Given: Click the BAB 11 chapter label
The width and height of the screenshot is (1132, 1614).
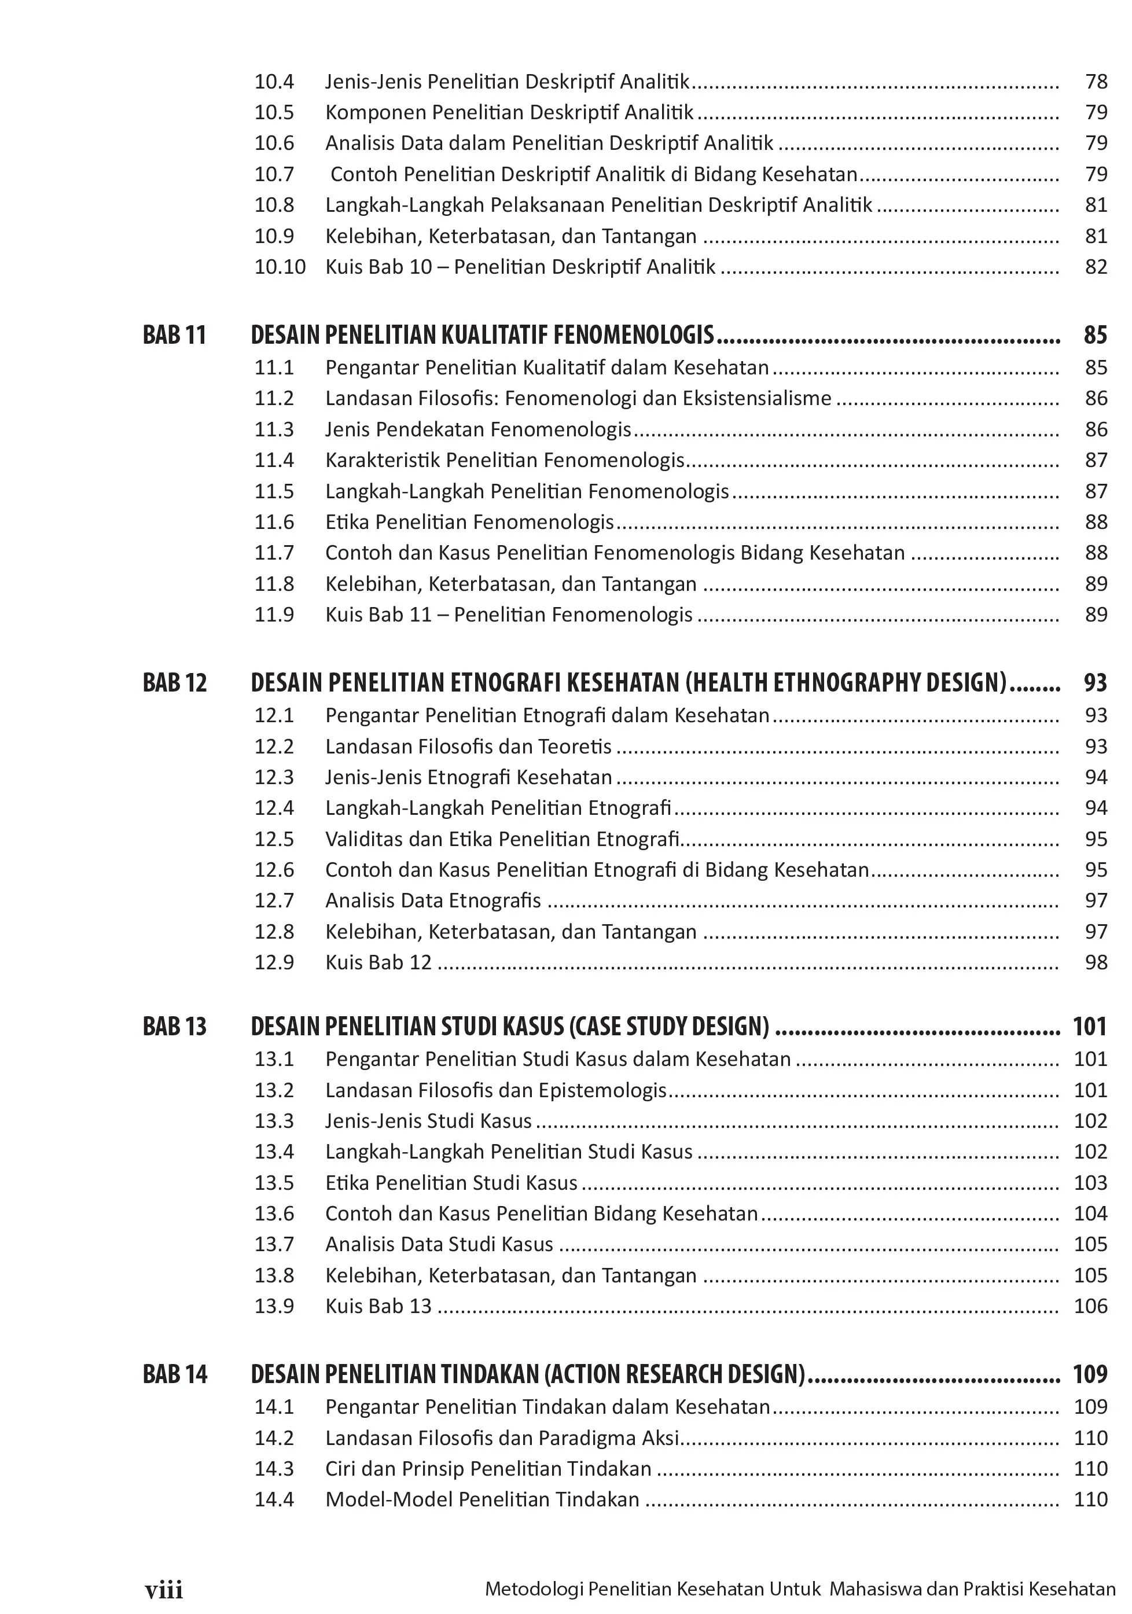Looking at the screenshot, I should coord(174,334).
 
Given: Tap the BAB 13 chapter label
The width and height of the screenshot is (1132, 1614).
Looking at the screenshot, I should coord(174,1027).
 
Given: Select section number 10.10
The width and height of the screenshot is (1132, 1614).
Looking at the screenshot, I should coord(280,267).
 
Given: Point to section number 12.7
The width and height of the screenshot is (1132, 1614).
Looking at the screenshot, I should coord(274,900).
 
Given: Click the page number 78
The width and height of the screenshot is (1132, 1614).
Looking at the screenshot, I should coord(1096,82).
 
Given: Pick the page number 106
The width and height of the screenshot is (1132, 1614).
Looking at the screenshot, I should coord(1090,1306).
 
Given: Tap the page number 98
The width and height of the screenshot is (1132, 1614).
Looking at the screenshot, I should coord(1096,962).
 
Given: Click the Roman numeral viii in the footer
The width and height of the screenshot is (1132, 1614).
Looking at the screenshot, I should coord(164,1590).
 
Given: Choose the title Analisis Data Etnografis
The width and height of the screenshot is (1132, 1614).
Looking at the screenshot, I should coord(433,900).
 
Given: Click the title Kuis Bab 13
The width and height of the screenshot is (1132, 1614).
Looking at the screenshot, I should coord(378,1306).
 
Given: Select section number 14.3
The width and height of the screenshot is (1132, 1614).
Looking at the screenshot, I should coord(274,1469).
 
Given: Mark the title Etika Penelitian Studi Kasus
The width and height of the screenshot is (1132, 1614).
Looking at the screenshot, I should coord(451,1183).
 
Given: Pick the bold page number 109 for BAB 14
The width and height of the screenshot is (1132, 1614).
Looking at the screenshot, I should coord(1090,1374).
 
